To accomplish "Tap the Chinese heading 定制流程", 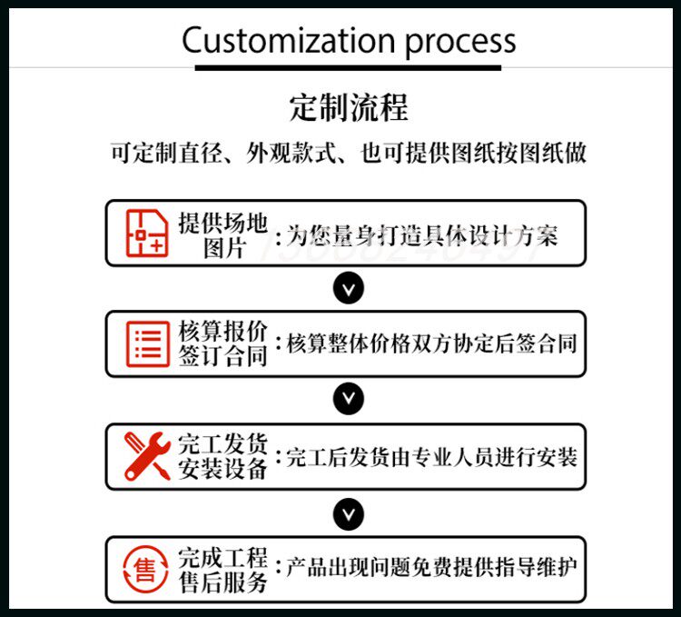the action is [x=349, y=107].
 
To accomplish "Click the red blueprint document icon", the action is [x=146, y=233].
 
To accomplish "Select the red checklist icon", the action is [x=146, y=343].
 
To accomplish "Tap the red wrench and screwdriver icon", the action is [x=146, y=456].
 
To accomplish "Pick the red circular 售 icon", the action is [x=146, y=569].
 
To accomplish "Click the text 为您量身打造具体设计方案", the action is [x=422, y=236].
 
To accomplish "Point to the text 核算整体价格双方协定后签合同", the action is [x=431, y=344].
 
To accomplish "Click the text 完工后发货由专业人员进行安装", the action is [x=431, y=457].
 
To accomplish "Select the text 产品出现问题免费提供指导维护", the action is [x=431, y=569].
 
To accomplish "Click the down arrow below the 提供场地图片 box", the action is [x=349, y=289].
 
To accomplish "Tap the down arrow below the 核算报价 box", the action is [x=349, y=400].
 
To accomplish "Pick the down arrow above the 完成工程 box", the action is [x=349, y=513].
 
